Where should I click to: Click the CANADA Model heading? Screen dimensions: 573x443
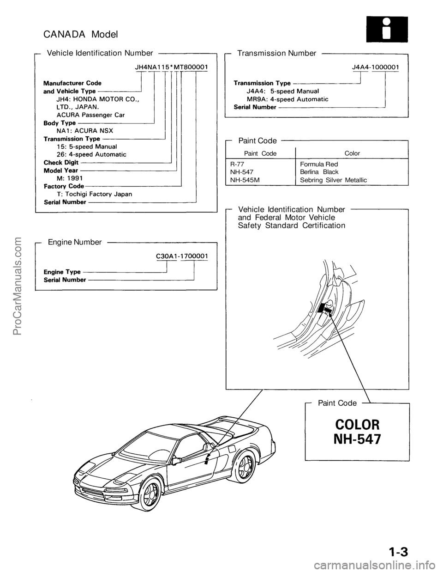(81, 34)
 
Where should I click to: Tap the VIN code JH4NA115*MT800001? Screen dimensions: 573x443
(171, 67)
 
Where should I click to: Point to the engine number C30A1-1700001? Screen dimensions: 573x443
(180, 255)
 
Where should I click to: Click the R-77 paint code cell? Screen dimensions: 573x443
(238, 164)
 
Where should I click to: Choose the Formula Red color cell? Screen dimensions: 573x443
(319, 164)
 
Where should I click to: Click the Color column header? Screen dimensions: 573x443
(352, 153)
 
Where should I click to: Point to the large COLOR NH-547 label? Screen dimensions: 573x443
(357, 432)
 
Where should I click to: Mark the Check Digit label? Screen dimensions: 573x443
(61, 163)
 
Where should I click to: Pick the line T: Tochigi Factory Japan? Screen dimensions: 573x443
(94, 194)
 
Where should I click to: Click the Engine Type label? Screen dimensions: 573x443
(62, 272)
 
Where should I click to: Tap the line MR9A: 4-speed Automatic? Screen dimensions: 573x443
(287, 99)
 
